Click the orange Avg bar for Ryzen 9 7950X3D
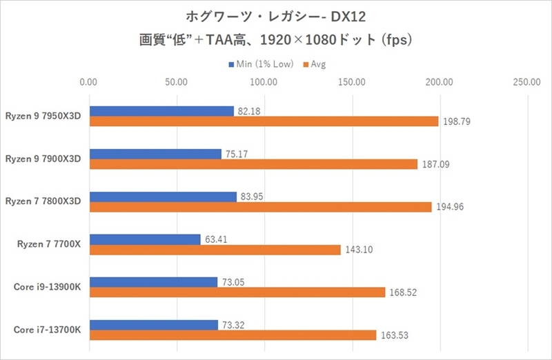point(264,121)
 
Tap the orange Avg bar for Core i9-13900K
point(237,292)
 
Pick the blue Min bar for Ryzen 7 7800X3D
point(163,197)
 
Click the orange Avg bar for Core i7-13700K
point(233,335)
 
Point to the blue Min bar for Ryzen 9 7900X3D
point(155,154)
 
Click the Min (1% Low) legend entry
point(260,64)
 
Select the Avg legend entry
point(313,64)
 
